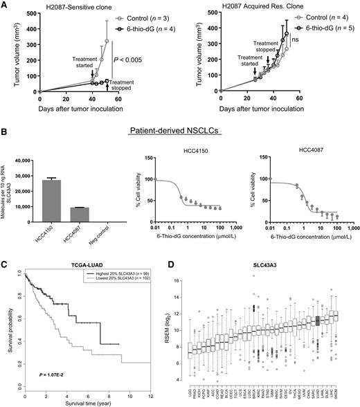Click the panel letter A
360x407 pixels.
tap(4, 5)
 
